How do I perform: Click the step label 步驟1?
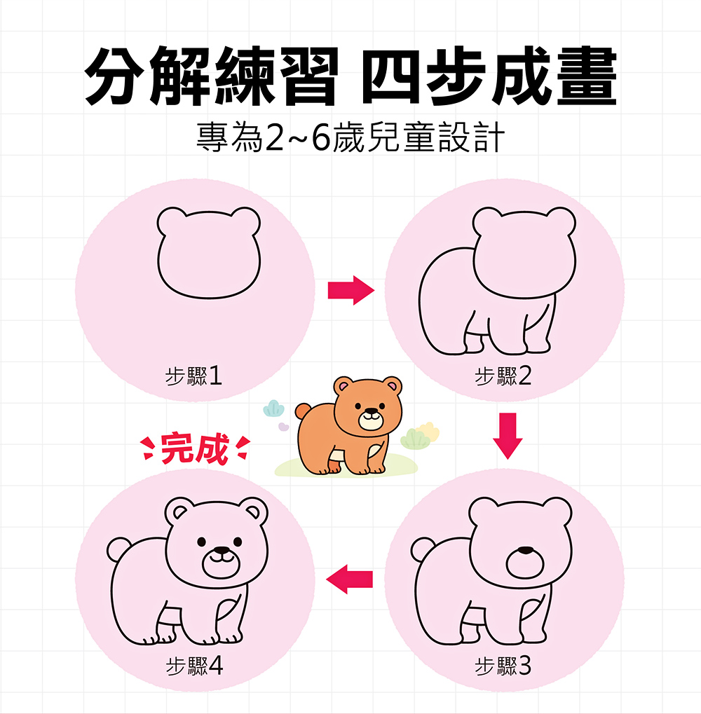pos(193,376)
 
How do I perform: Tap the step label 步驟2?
pos(503,376)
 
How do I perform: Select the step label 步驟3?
pos(503,666)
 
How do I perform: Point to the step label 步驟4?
pos(194,666)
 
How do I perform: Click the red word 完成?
pos(195,449)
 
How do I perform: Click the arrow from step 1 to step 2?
pos(350,290)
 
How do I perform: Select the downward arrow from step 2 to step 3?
pos(508,436)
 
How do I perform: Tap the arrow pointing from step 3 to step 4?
pos(349,579)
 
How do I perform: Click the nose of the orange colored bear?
pos(372,411)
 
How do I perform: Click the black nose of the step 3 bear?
pos(525,550)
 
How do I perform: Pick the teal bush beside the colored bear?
pos(273,408)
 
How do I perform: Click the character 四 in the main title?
pos(390,76)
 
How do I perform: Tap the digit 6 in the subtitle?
pos(320,137)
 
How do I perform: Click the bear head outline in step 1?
pos(157,259)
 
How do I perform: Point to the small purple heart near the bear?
pos(283,427)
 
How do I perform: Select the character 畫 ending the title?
pos(587,76)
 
